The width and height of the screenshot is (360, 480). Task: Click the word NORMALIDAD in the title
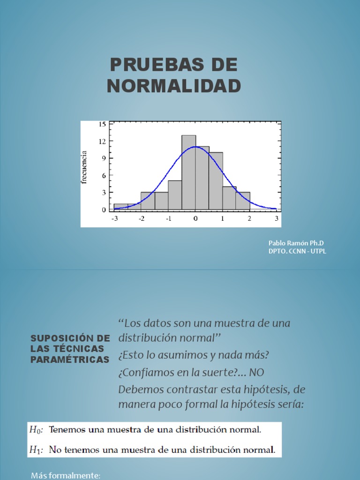(174, 86)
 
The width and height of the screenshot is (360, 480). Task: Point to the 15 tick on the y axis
(102, 124)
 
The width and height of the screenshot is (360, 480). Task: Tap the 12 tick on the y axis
(102, 141)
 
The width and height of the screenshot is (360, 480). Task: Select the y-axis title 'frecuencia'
(84, 167)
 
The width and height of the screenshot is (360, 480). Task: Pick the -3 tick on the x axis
(114, 218)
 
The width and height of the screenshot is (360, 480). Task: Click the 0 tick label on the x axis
(195, 218)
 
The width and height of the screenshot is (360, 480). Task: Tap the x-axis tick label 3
(277, 218)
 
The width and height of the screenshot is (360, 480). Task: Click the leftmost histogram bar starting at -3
(120, 207)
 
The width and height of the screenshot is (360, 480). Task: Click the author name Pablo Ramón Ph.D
(296, 243)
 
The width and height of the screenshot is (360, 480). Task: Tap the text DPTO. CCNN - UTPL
(297, 251)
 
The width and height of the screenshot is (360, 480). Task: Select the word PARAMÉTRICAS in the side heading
(70, 360)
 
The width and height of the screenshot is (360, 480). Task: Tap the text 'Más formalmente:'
(66, 476)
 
